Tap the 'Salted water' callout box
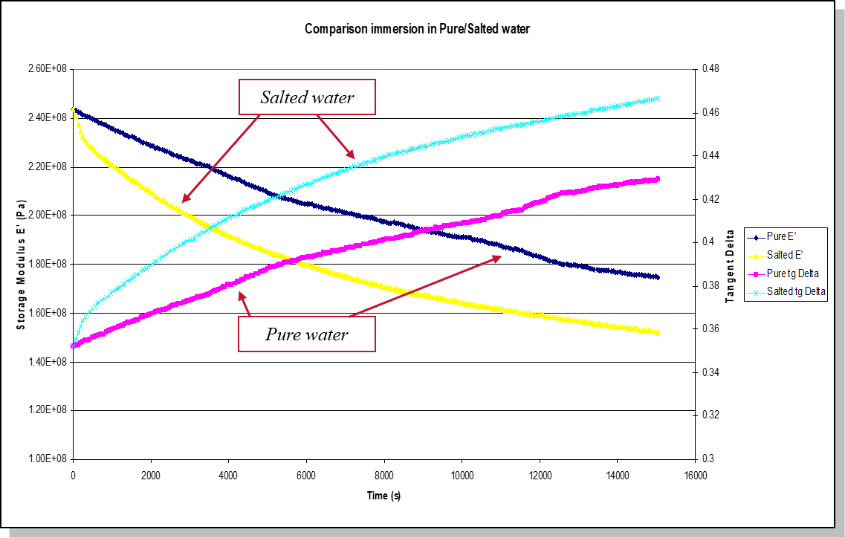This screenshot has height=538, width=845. tap(306, 97)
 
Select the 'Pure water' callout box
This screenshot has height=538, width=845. tap(306, 334)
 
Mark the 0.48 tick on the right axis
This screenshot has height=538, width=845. tap(710, 69)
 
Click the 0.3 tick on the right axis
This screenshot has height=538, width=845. tap(707, 458)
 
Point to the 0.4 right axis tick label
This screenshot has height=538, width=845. tap(707, 242)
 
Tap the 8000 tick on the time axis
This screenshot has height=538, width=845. tap(383, 476)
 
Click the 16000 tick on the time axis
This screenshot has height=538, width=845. tap(695, 476)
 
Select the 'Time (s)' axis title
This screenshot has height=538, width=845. tap(383, 496)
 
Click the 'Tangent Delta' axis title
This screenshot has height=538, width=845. tap(730, 264)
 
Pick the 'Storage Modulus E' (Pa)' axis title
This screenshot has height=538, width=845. tap(21, 264)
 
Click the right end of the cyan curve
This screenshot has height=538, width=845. tap(658, 97)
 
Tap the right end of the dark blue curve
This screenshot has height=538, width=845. tap(658, 277)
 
